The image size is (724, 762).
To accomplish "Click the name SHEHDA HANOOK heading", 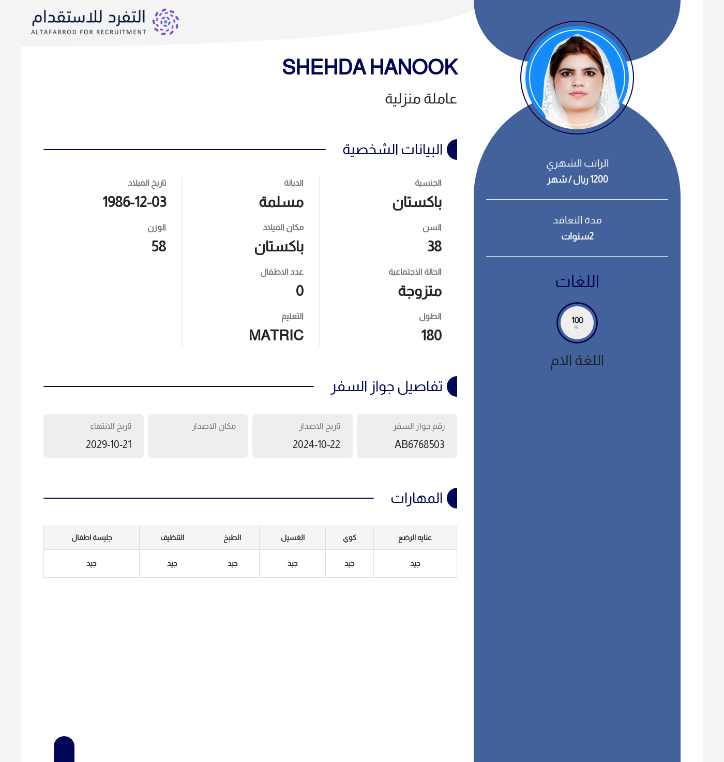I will coord(370,67).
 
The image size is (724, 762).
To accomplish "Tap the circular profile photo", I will coord(577,78).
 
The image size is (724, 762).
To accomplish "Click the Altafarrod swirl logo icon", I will coord(165,22).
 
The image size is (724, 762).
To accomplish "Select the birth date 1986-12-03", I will coord(134,202).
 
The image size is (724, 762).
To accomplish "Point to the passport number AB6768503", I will coord(419,444).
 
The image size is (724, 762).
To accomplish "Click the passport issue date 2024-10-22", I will coord(316,444).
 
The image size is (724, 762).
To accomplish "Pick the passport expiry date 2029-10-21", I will coord(109,444).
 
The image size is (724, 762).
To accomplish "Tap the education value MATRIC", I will coord(276,335).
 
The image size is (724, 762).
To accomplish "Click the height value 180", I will coord(431,335).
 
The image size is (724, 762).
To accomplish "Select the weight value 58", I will coord(159,246).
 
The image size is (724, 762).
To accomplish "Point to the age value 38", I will coord(434,246).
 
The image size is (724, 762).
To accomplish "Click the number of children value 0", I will coord(299,291).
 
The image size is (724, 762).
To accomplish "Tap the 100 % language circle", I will coord(577,323).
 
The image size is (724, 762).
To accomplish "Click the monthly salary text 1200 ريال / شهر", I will coord(578,180).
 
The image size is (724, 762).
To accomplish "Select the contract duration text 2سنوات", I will coord(578,236).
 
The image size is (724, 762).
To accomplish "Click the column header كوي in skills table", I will coord(350,537).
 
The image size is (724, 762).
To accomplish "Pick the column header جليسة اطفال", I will coord(92,537).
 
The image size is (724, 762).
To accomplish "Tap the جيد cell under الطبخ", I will coord(233,563).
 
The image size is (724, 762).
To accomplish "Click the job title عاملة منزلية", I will coord(420,99).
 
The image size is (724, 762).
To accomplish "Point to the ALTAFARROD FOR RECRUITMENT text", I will coord(88,32).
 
